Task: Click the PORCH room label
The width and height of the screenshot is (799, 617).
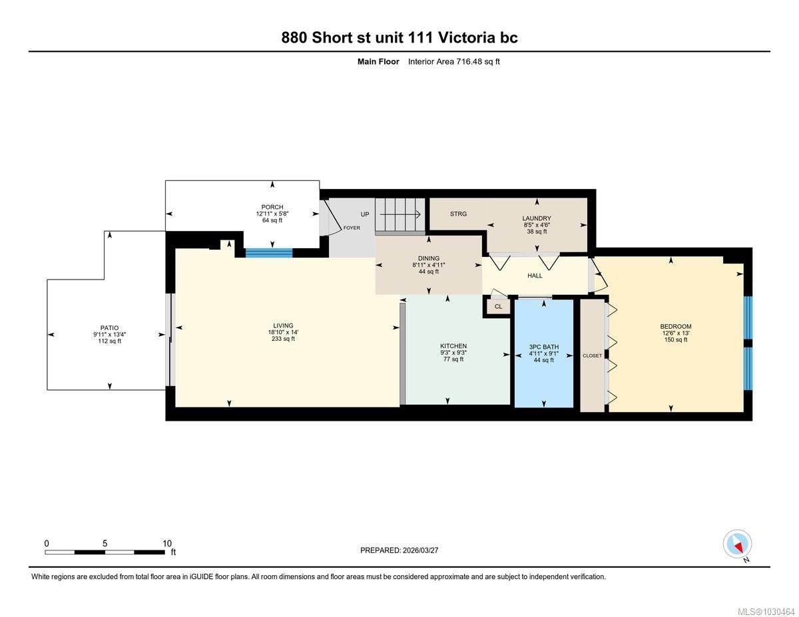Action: (272, 207)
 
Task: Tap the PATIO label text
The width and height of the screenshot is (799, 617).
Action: (110, 327)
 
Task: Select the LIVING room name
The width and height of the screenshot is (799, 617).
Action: (283, 325)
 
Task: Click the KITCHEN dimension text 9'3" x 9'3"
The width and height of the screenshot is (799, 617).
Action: (453, 352)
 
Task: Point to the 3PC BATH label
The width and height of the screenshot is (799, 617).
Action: (544, 347)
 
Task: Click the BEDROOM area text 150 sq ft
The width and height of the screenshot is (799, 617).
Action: (676, 339)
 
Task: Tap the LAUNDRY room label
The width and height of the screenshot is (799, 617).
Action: (537, 218)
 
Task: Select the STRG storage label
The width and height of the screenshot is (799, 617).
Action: (459, 214)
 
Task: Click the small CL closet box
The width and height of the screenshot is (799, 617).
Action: (498, 306)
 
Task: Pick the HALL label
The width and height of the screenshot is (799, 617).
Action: (535, 276)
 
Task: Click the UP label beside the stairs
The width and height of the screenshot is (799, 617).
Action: (365, 214)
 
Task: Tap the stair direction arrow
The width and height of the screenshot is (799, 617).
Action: (400, 214)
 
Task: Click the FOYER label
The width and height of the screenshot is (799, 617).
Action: (352, 228)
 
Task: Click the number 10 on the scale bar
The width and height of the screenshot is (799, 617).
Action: (167, 544)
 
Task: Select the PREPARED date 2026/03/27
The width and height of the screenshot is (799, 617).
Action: (421, 550)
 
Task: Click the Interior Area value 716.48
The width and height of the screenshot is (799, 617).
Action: (469, 62)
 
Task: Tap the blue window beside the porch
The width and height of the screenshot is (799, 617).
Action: (269, 252)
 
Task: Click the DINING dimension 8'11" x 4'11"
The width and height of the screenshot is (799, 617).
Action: (429, 265)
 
